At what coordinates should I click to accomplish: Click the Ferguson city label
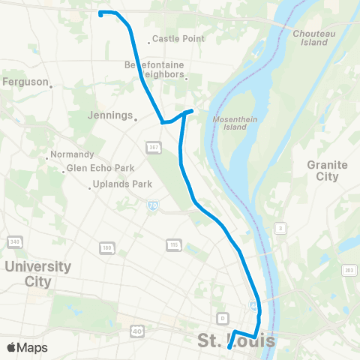pos(26,82)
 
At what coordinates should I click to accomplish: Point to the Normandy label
pos(71,154)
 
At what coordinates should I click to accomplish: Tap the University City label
pos(37,274)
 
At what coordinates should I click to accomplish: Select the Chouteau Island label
pos(310,38)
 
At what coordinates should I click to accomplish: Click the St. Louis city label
pos(236,342)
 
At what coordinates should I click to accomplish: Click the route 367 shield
pos(152,148)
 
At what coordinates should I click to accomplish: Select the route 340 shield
pos(14,241)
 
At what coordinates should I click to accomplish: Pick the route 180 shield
pos(106,247)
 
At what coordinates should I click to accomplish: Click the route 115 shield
pos(173,244)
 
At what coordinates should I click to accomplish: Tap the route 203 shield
pos(349,270)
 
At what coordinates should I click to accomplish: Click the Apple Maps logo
pos(27,347)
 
